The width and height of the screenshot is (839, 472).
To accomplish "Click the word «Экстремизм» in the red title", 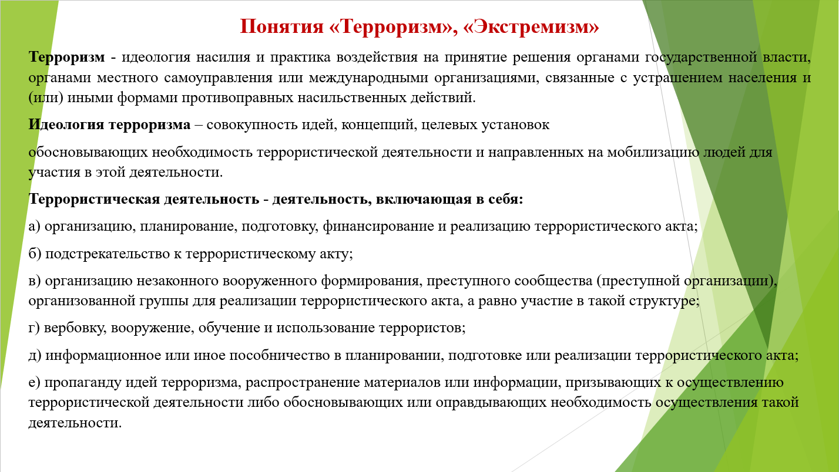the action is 531,27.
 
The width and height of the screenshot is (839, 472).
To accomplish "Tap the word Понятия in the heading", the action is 281,27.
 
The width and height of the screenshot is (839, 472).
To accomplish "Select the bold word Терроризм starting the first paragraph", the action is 66,58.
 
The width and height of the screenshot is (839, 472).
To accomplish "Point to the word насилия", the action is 223,58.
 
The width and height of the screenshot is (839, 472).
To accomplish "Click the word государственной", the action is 700,58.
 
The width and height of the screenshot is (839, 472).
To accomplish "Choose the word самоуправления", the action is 218,78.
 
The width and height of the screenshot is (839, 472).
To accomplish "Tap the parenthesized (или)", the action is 46,98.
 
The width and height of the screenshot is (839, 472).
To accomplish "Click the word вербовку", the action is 76,328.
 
